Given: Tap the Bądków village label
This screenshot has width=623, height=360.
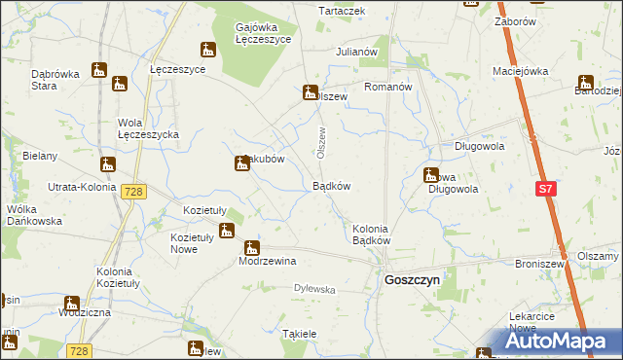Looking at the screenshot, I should [331, 185].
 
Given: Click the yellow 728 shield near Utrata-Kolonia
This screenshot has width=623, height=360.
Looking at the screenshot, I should [134, 192].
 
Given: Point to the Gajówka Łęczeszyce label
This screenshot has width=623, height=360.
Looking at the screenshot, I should [263, 34].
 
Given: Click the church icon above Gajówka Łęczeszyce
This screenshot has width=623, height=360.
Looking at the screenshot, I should [207, 50].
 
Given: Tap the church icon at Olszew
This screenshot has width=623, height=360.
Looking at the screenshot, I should [311, 92].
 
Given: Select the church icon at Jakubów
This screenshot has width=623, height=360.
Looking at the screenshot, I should [241, 164].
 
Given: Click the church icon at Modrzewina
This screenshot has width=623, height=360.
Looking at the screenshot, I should [251, 248].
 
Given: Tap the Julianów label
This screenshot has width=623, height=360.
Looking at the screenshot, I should [355, 51].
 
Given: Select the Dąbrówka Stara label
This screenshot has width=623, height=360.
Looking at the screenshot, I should [55, 79].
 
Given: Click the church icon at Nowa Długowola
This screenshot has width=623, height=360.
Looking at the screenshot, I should [430, 176].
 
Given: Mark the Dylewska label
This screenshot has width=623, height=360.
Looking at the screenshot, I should [314, 289].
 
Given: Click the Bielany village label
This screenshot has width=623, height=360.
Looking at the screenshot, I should [40, 156].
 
